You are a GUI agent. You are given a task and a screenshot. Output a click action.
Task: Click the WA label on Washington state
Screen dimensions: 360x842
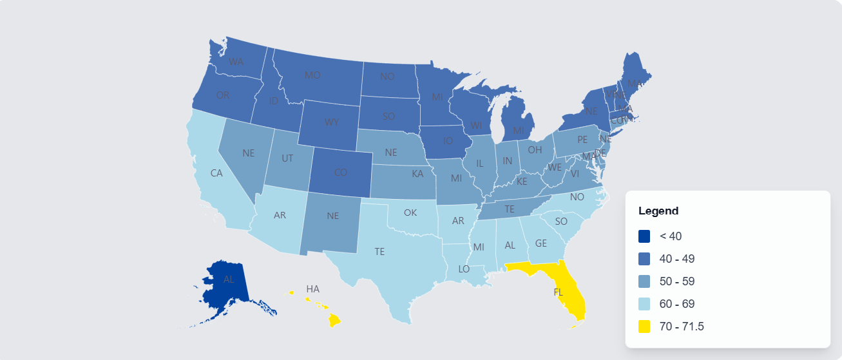pos(236,62)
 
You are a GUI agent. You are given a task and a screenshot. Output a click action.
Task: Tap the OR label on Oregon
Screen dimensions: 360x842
pos(223,95)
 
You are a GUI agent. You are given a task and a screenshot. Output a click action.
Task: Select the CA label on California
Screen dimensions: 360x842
pos(216,173)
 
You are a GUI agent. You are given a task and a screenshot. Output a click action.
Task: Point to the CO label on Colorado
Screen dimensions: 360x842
pos(340,173)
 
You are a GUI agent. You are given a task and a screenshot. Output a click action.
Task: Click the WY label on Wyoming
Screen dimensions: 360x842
pos(332,122)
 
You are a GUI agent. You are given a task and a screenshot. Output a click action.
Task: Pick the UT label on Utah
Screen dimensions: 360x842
pos(287,158)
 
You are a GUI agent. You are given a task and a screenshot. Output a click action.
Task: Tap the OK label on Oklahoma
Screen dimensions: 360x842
pos(410,213)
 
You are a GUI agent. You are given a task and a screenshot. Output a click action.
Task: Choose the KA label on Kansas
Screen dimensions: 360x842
pos(418,174)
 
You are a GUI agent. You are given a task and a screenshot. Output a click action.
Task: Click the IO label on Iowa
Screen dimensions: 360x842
pos(447,140)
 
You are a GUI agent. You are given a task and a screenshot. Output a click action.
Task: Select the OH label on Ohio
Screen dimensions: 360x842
pos(535,149)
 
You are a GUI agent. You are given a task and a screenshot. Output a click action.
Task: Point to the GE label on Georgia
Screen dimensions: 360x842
pos(541,243)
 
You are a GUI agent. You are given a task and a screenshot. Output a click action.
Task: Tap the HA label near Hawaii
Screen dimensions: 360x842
pos(312,289)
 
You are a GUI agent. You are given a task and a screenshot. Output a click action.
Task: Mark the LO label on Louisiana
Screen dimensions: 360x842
pos(464,269)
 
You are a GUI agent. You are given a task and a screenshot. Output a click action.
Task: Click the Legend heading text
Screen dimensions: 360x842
pos(658,211)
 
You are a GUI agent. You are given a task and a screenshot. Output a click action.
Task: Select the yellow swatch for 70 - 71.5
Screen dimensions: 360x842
pos(644,327)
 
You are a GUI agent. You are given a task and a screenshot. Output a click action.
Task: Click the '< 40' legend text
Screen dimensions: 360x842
pos(671,236)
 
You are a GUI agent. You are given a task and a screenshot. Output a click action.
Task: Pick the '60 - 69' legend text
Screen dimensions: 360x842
pos(677,304)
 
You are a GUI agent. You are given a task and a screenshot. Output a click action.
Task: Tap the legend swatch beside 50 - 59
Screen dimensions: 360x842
pos(644,281)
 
